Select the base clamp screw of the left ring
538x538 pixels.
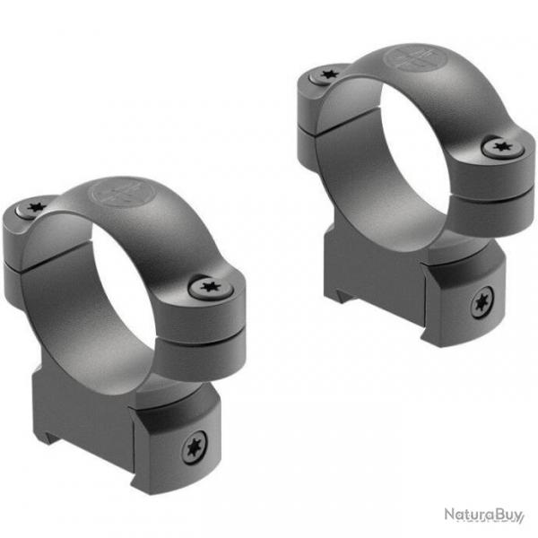[193, 449]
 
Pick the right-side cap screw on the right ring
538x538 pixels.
[499, 148]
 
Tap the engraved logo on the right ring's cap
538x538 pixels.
[406, 60]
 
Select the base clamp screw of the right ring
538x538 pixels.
[482, 305]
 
